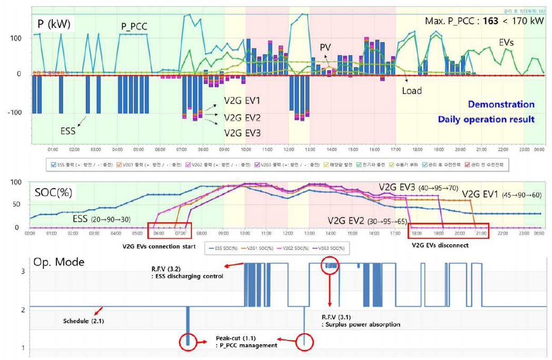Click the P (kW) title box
point(54,23)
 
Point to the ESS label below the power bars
point(67,131)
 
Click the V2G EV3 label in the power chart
point(243,133)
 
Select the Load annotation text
point(412,91)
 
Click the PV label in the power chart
point(325,47)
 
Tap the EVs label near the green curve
point(508,41)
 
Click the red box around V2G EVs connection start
point(166,231)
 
